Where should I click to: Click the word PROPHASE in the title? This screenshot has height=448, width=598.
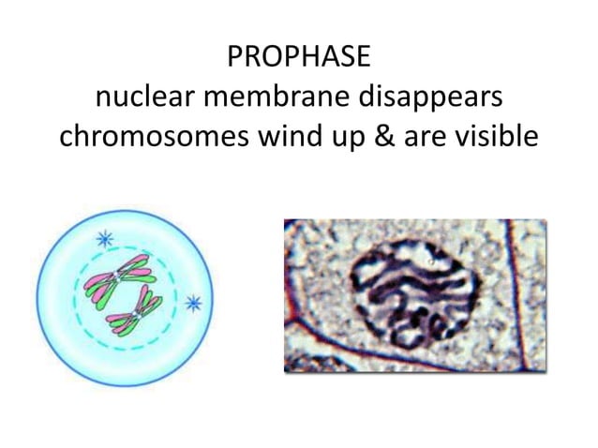click(299, 59)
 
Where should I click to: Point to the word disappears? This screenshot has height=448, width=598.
click(436, 98)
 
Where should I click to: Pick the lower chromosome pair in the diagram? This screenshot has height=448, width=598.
click(137, 311)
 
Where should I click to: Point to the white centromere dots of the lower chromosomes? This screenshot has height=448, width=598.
click(140, 310)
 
